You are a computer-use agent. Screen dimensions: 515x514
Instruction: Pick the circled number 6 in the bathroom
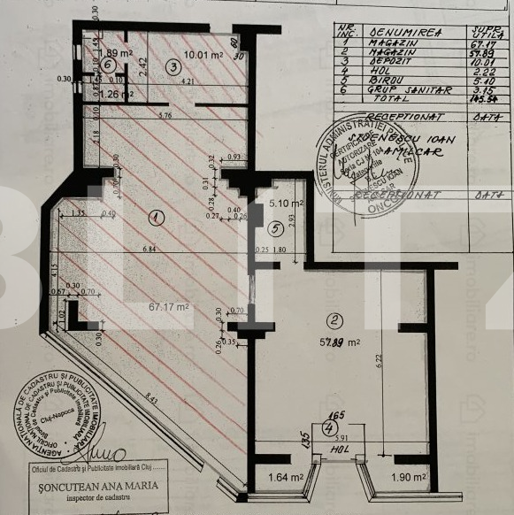click(x=108, y=65)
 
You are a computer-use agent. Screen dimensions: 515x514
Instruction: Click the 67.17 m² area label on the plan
click(x=169, y=308)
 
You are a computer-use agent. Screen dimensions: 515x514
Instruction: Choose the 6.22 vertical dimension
click(x=378, y=358)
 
